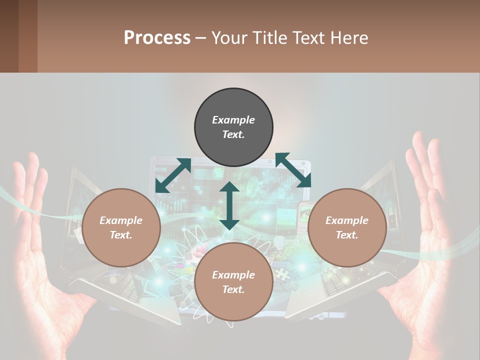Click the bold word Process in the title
pos(157,38)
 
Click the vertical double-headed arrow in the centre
pos(229,205)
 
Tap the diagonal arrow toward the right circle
pos(293,170)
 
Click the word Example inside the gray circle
pos(233,120)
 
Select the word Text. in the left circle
pos(121,235)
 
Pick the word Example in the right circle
pos(347,220)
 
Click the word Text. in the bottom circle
pos(233,289)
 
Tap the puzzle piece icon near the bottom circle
pos(281,273)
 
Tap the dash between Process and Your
pos(201,38)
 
